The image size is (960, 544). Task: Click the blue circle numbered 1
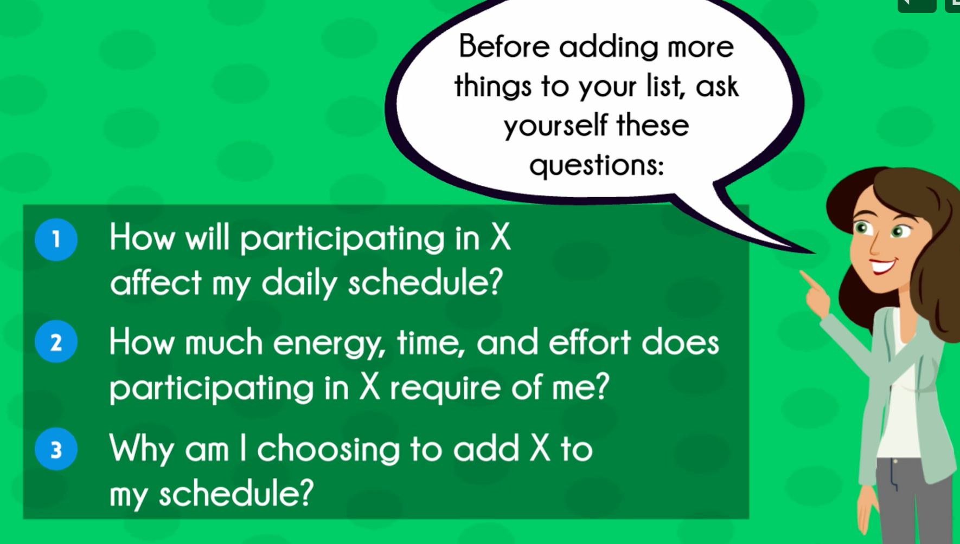coord(56,239)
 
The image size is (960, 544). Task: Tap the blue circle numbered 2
coord(56,342)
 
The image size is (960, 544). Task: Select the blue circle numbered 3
coord(56,449)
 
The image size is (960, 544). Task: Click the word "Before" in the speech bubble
coord(504,46)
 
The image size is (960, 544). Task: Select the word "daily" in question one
coord(299,283)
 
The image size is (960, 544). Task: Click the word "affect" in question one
coord(156,282)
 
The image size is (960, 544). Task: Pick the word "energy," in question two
coord(329,344)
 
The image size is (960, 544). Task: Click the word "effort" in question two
coord(590,342)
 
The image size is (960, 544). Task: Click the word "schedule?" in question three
coord(236,494)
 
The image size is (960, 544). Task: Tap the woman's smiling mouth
coord(882,266)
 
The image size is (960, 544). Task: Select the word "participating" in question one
coord(342,239)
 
